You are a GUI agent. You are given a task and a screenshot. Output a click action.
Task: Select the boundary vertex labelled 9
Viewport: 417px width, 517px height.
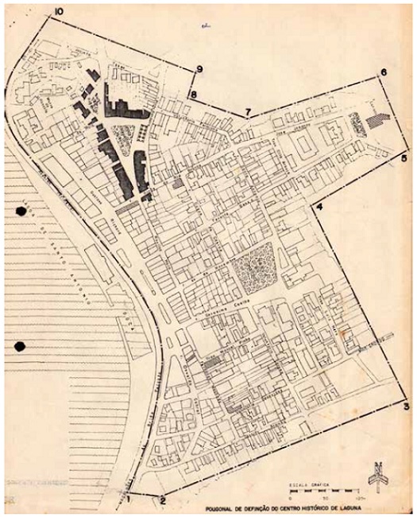[199, 70]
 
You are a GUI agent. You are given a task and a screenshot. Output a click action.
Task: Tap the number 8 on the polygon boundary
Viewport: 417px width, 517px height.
[193, 95]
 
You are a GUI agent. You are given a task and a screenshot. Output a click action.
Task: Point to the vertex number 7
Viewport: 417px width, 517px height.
[248, 111]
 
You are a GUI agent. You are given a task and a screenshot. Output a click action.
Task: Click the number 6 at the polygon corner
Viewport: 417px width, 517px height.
[383, 73]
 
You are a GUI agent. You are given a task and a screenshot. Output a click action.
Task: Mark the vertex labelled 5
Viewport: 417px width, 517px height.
[403, 159]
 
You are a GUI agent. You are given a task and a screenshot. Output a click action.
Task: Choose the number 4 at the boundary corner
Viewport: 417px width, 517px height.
[319, 208]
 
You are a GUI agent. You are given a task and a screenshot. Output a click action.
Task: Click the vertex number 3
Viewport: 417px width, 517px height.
[406, 407]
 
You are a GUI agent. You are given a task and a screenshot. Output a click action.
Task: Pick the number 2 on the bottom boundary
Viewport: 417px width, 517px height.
[162, 500]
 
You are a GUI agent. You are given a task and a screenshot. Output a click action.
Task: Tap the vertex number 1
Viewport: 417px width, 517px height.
[125, 501]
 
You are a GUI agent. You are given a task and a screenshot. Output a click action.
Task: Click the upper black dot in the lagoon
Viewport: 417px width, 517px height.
[20, 212]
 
